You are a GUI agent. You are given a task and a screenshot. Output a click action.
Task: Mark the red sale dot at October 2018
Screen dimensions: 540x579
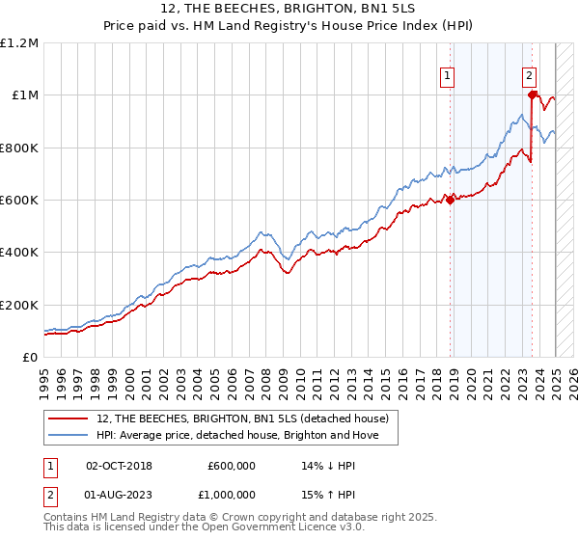pyautogui.click(x=450, y=200)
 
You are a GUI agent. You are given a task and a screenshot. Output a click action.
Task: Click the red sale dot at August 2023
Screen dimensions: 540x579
pyautogui.click(x=532, y=94)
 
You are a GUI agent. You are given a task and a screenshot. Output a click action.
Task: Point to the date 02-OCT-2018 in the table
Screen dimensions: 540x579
pyautogui.click(x=119, y=465)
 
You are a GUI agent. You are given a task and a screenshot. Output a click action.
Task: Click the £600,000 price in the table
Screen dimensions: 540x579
pyautogui.click(x=232, y=465)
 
